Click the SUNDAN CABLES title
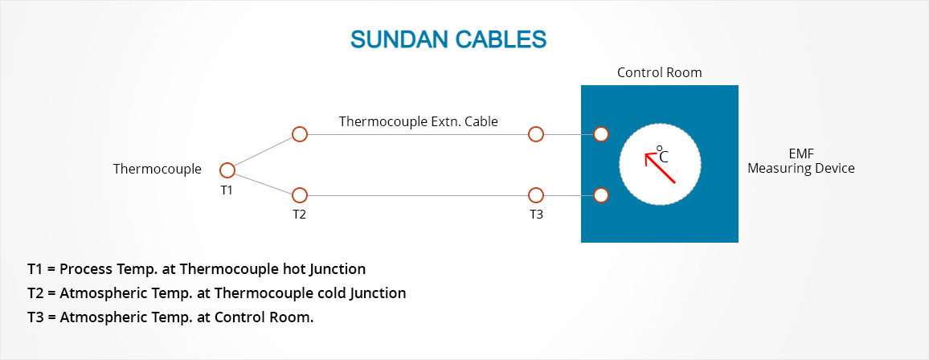click(448, 39)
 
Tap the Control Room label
click(659, 72)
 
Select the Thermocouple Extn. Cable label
click(418, 121)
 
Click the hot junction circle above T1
click(227, 170)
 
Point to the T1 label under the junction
click(227, 190)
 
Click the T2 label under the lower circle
click(299, 215)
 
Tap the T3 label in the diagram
click(535, 215)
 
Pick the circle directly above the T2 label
click(299, 194)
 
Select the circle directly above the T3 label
click(535, 194)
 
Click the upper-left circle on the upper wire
click(299, 134)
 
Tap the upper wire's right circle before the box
click(535, 134)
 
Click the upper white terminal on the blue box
click(600, 134)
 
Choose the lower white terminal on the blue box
click(600, 194)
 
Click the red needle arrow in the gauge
click(661, 167)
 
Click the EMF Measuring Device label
click(800, 161)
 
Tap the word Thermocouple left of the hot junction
click(157, 169)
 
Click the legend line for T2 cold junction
click(216, 292)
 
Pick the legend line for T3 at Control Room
click(170, 317)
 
